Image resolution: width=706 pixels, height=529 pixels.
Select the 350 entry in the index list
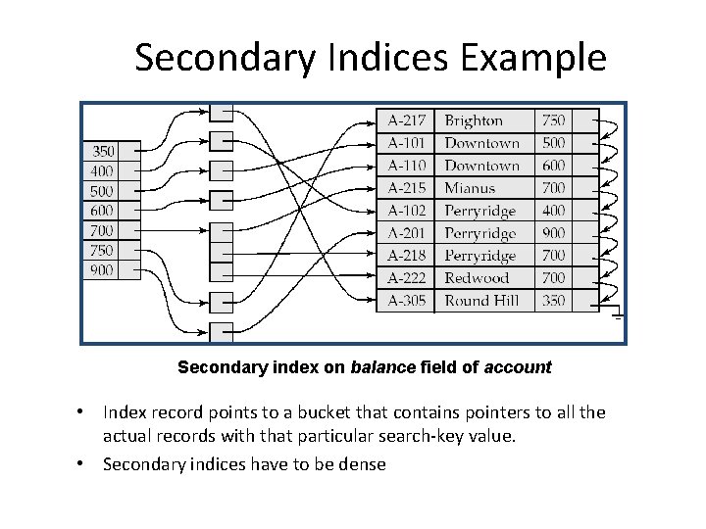[102, 151]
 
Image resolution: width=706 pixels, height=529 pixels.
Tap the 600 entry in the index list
[102, 210]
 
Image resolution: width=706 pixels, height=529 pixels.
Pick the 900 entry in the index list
[102, 269]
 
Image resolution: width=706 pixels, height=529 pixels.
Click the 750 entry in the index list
[102, 250]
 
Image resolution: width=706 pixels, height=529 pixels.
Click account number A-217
[406, 120]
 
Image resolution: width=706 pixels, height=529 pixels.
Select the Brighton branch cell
[474, 120]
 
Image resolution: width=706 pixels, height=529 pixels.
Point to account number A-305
[406, 300]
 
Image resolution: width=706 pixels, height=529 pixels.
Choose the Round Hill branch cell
[481, 300]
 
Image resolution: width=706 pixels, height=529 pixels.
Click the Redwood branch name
[477, 278]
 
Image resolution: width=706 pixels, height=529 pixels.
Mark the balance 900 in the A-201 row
[553, 233]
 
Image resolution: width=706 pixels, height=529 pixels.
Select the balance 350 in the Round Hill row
[553, 300]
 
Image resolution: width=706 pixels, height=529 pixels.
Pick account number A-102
[406, 211]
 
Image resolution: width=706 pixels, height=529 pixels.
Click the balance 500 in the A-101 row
[553, 143]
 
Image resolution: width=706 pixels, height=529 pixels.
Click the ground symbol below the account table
[618, 314]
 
